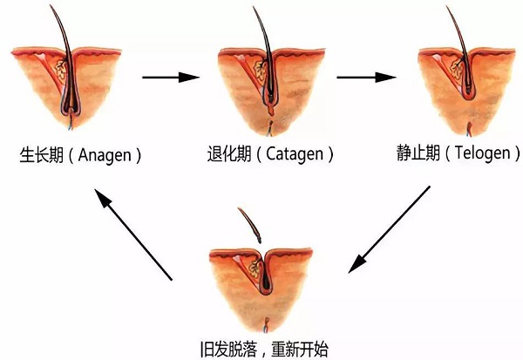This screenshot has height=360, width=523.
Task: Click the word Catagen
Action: pyautogui.click(x=294, y=155)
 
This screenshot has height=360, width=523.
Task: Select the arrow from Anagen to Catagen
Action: pyautogui.click(x=171, y=77)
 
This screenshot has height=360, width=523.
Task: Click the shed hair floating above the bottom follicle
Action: pyautogui.click(x=250, y=224)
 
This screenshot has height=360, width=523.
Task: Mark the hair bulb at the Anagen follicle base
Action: pyautogui.click(x=70, y=112)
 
